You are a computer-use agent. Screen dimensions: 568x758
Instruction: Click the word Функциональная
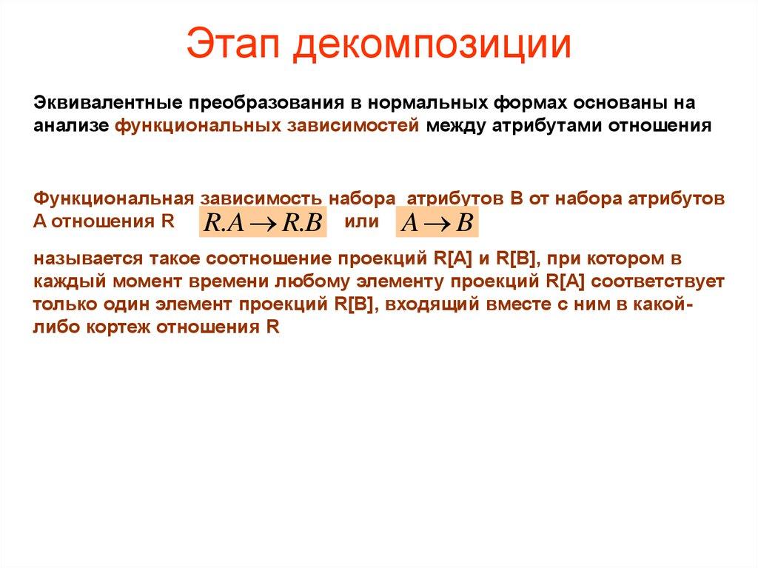[113, 199]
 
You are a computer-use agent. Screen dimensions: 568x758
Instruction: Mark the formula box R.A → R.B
[263, 223]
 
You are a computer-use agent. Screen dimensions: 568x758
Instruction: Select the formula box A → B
[437, 223]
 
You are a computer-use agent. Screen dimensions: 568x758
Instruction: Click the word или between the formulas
[362, 221]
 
